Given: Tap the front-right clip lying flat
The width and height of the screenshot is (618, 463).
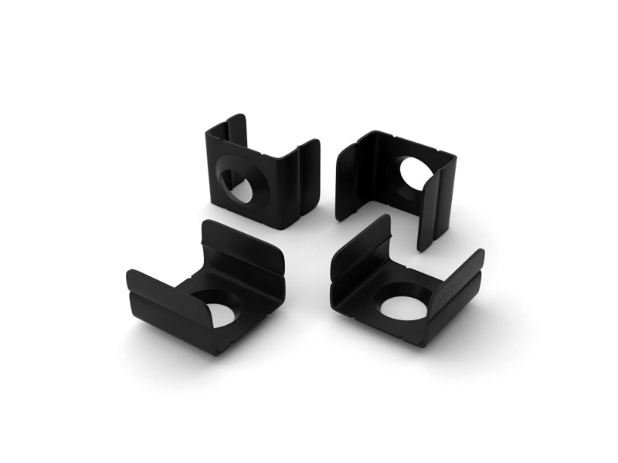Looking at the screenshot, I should pos(406,289).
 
